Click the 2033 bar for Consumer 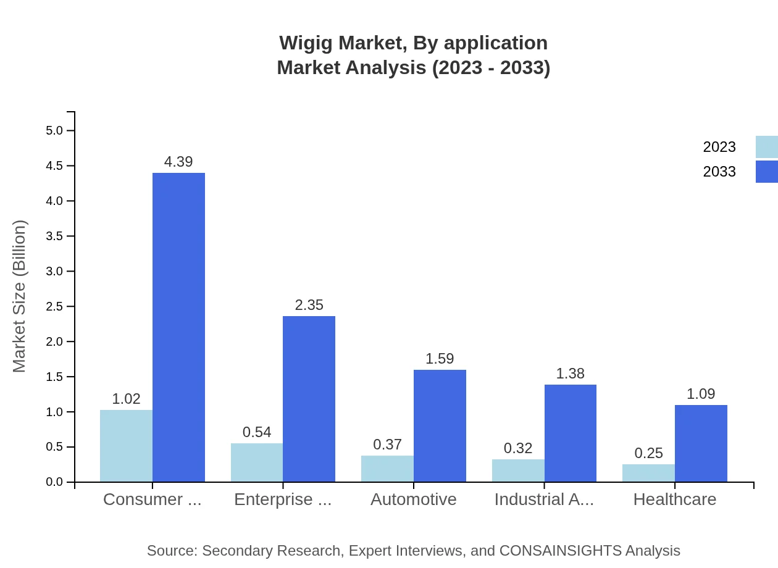tap(178, 327)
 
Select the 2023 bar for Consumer tap(126, 446)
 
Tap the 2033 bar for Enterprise tap(309, 399)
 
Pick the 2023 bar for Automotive tap(387, 469)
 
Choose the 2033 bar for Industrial tap(571, 433)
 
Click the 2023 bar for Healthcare tap(648, 473)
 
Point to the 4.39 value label tap(178, 162)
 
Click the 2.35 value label tap(309, 305)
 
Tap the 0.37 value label tap(387, 445)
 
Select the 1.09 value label tap(701, 394)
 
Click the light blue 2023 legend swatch tap(766, 147)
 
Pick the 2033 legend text tap(719, 172)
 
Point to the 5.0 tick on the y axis tap(55, 131)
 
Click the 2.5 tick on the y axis tap(55, 307)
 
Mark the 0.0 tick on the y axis tap(55, 482)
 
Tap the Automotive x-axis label tap(414, 499)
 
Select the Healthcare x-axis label tap(675, 499)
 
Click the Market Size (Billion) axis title tap(20, 296)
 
